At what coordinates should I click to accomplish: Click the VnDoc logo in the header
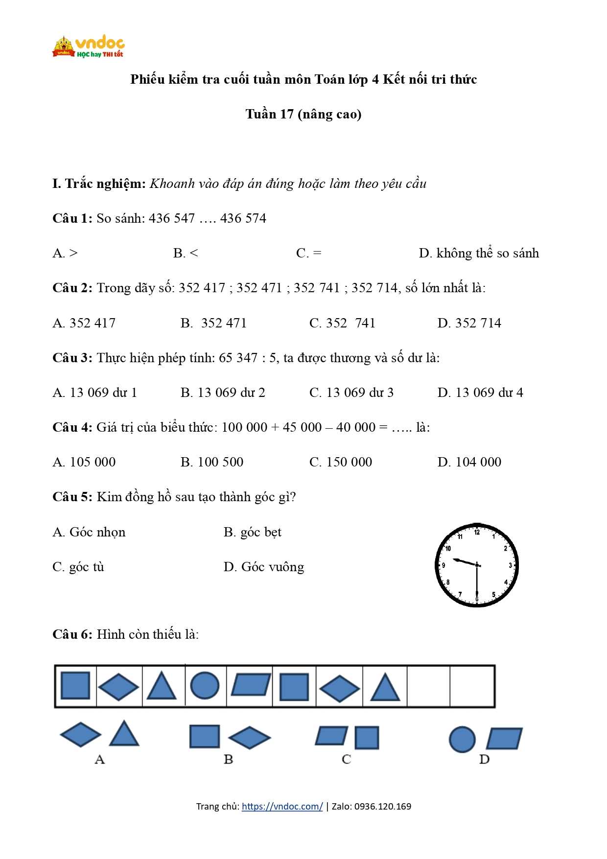(88, 47)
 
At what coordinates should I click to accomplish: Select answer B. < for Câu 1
(186, 253)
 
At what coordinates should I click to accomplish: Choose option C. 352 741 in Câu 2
(342, 323)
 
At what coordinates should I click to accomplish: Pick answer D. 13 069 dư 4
(480, 393)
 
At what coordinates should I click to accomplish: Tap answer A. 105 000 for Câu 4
(84, 462)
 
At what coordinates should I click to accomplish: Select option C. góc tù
(78, 567)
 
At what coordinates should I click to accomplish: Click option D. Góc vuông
(264, 567)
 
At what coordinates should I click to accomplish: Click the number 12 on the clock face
(477, 532)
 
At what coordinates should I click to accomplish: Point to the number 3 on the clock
(510, 565)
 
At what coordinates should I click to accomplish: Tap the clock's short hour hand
(464, 562)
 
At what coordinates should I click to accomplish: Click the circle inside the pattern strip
(205, 685)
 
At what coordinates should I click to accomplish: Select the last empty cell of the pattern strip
(472, 686)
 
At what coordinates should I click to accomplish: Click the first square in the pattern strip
(75, 685)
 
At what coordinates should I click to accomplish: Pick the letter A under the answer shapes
(100, 759)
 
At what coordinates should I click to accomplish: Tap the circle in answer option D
(462, 739)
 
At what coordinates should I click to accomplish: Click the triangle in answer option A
(124, 734)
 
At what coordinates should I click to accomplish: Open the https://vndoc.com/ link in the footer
(282, 806)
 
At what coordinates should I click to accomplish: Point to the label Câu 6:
(72, 634)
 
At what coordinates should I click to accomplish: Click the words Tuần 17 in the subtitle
(269, 114)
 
